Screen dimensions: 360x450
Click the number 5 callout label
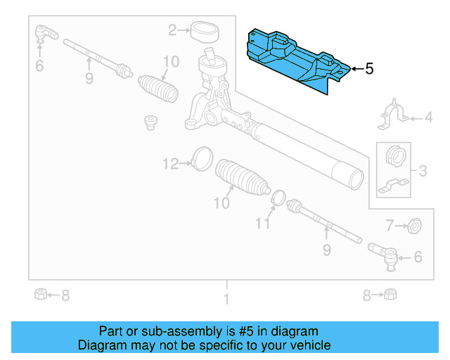[369, 69]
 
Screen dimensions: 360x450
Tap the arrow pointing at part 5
[356, 69]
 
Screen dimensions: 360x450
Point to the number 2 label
[172, 30]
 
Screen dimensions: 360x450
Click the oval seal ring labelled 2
[205, 30]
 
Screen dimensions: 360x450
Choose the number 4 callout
[428, 118]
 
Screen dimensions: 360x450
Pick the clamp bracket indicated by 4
[394, 117]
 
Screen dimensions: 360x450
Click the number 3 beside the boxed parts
[423, 170]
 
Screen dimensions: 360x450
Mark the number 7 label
[390, 226]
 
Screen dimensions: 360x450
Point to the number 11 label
[262, 224]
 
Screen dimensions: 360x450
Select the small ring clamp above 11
[278, 198]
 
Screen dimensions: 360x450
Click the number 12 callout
[171, 164]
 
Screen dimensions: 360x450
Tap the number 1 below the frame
[226, 300]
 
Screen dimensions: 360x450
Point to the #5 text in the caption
[243, 331]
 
